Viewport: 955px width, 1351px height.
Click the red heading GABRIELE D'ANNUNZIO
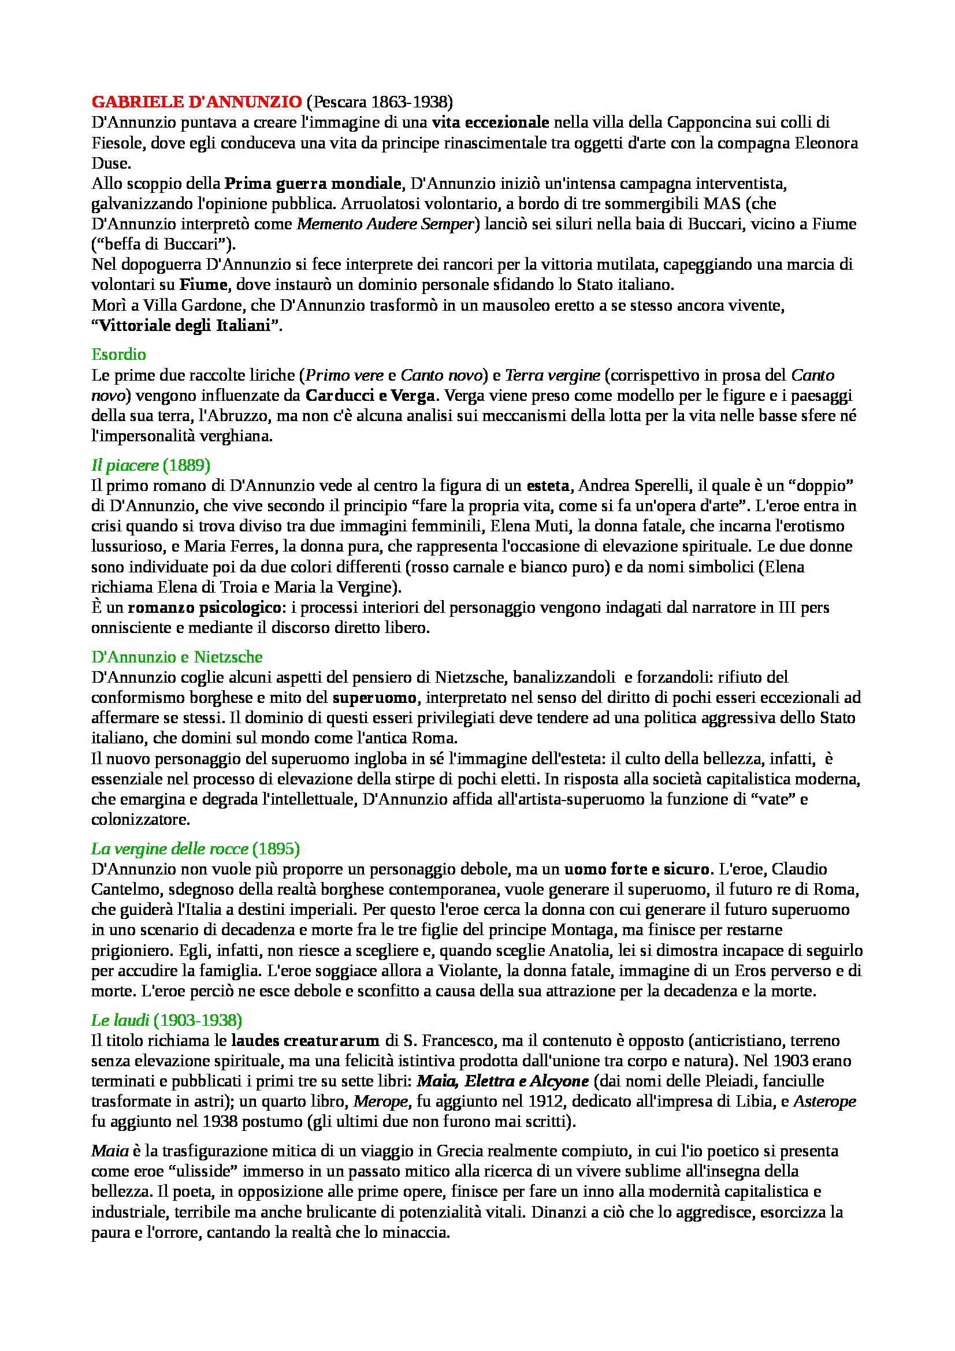[196, 102]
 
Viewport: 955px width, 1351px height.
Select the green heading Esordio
[119, 354]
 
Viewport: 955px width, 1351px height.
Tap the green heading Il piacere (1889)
[151, 466]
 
